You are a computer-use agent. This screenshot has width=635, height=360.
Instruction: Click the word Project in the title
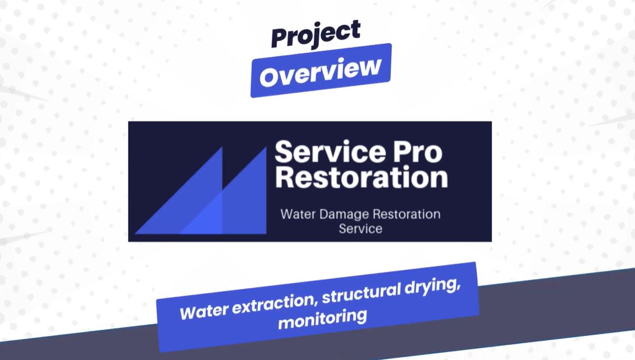(316, 34)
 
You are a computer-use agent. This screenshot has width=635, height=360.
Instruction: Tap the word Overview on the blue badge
(321, 71)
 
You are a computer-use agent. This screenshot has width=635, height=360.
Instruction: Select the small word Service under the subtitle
(360, 229)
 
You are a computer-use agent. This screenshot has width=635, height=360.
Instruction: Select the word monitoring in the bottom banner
(322, 318)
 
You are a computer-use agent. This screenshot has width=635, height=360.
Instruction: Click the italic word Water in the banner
(204, 312)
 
